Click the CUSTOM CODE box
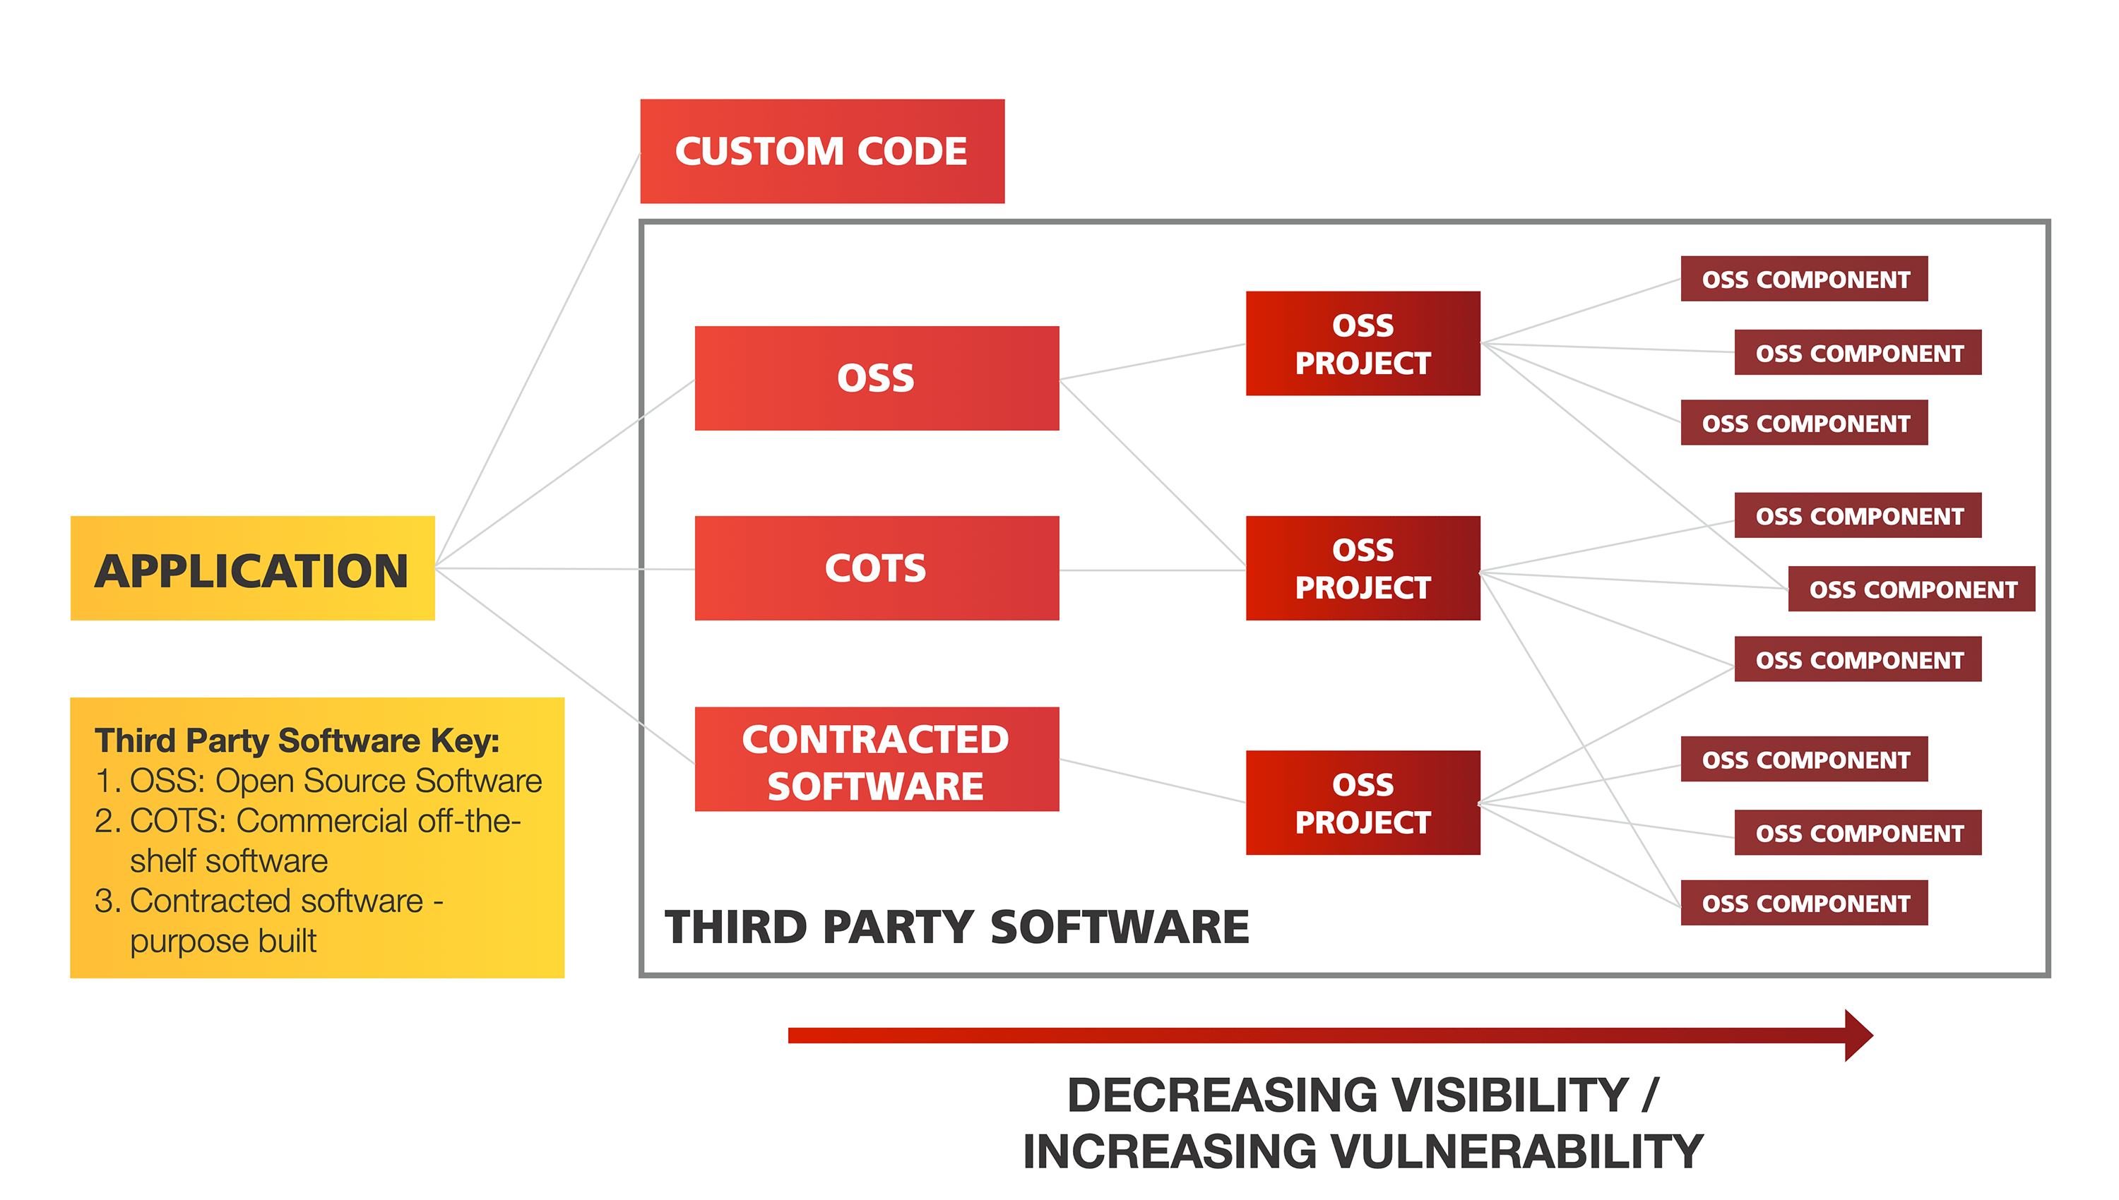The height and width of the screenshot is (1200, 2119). point(821,152)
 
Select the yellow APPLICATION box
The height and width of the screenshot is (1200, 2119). point(252,569)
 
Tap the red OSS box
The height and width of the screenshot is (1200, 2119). point(876,378)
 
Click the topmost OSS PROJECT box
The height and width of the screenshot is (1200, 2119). point(1362,344)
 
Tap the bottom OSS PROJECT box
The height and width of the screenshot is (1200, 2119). point(1362,803)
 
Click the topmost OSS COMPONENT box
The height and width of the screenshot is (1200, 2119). point(1804,280)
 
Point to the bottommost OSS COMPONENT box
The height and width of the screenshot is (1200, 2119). point(1804,904)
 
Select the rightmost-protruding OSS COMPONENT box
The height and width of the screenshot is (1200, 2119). point(1911,589)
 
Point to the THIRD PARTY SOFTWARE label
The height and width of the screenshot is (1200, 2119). point(956,928)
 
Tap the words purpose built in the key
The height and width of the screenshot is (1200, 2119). point(222,941)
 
